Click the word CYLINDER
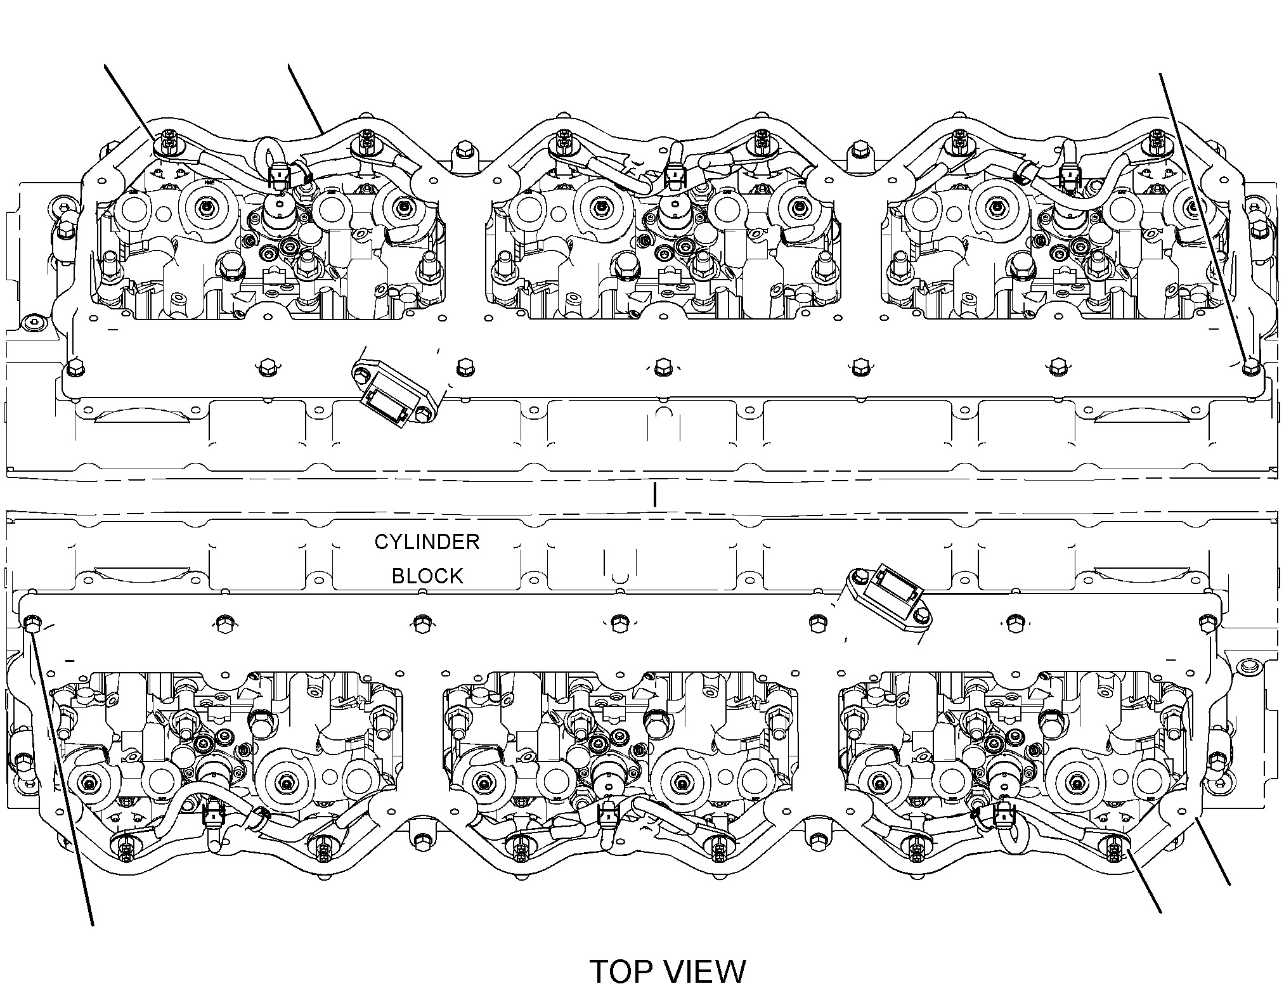click(427, 542)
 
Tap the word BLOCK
click(427, 576)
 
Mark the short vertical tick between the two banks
click(654, 495)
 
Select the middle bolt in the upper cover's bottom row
click(662, 366)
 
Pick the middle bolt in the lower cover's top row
click(618, 622)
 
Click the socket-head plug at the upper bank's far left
click(32, 323)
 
